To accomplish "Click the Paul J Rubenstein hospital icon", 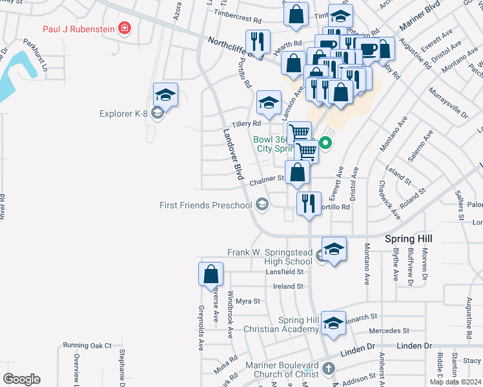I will click(x=124, y=28).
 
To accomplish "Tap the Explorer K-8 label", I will click(x=123, y=114).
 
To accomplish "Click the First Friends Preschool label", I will click(x=205, y=205).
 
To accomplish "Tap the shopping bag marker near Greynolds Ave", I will click(x=211, y=274).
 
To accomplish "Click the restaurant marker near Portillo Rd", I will click(x=309, y=203).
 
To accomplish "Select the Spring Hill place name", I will click(x=408, y=239).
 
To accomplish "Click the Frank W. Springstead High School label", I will click(x=270, y=257).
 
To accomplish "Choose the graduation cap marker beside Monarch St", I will click(x=333, y=324).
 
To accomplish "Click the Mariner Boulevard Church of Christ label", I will click(x=282, y=370).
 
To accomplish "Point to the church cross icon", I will click(x=329, y=370).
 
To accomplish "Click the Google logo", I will click(x=22, y=379).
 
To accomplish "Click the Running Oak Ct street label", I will click(x=87, y=346).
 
